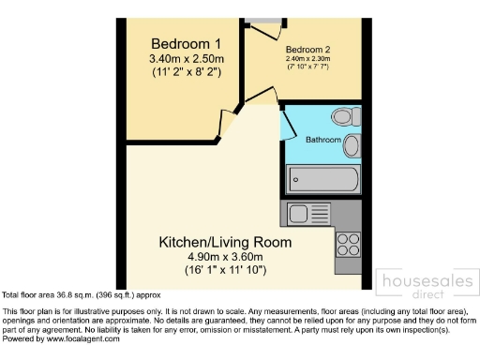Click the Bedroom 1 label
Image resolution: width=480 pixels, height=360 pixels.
tap(186, 43)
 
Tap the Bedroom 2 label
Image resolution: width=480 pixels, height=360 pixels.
tap(307, 49)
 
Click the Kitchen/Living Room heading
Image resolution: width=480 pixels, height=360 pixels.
tap(224, 242)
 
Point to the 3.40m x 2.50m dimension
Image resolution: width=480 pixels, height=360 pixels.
tap(186, 59)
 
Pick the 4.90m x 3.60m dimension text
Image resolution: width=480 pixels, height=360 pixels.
tap(224, 257)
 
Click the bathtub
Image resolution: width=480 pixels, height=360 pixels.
tap(322, 177)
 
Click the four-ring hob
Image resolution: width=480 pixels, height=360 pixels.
tap(348, 243)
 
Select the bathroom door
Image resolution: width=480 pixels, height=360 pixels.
tap(283, 128)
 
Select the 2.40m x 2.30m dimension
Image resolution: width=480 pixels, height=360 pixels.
tap(307, 58)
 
